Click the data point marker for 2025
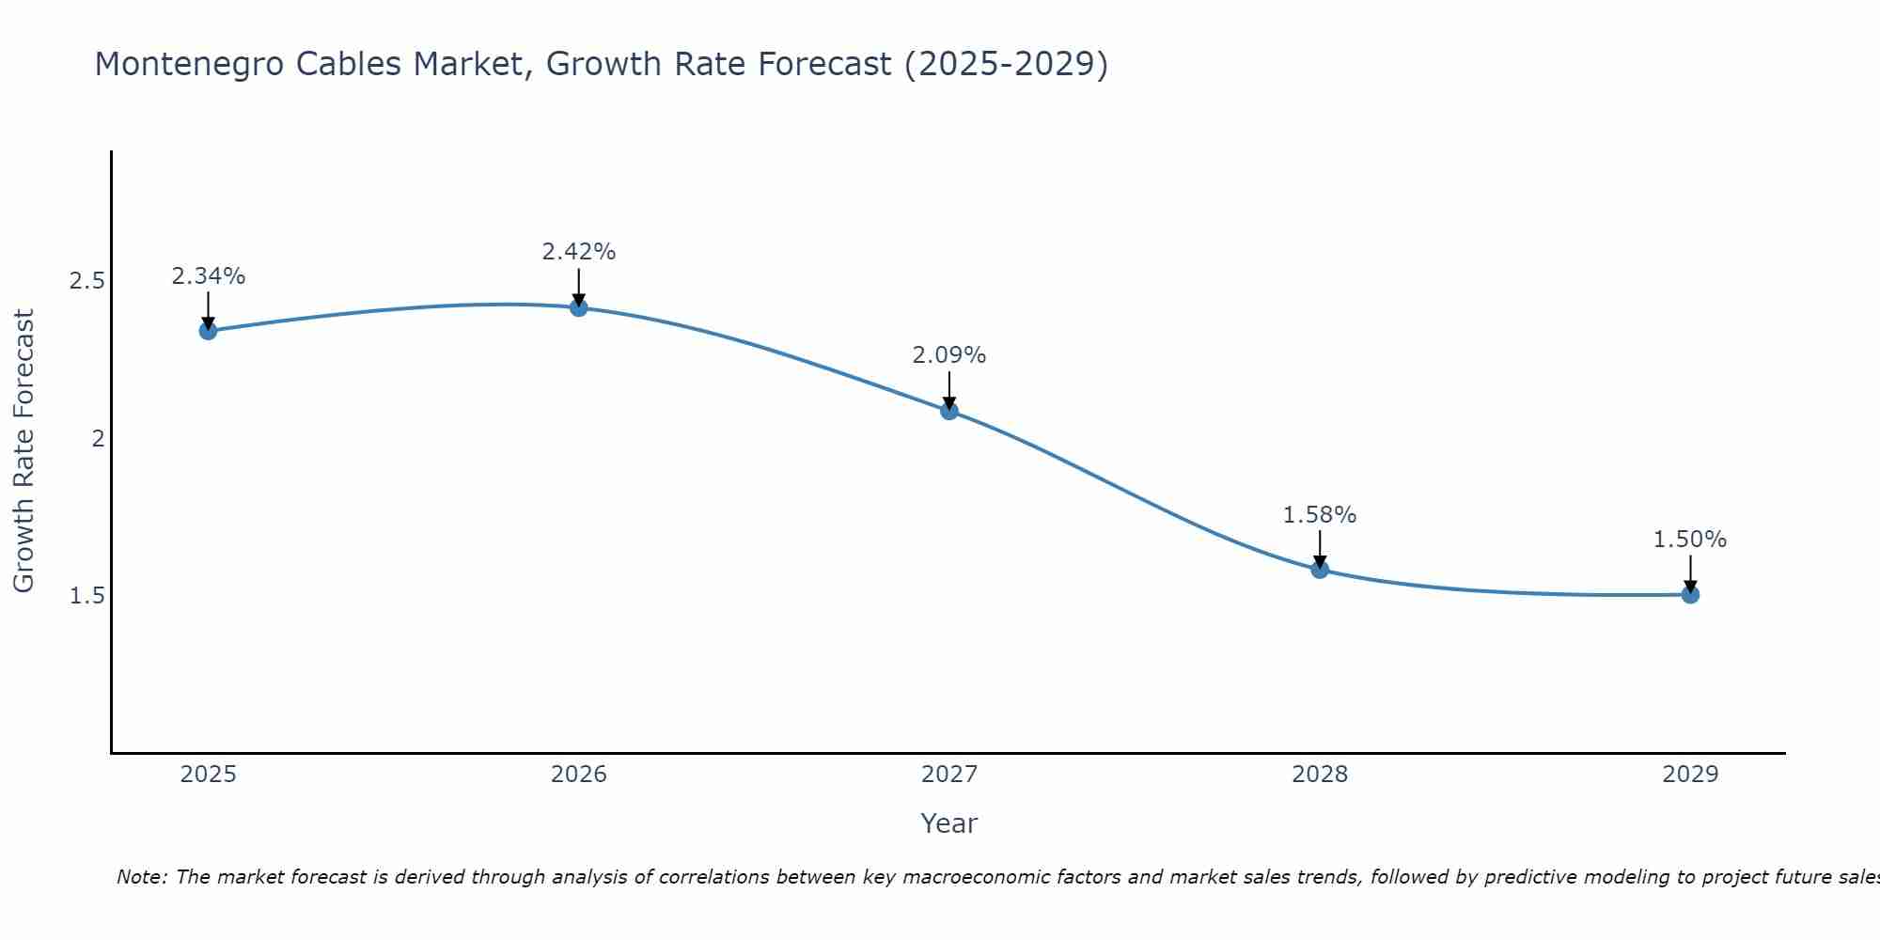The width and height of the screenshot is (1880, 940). click(x=208, y=331)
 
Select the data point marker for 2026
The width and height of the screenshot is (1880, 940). click(x=578, y=307)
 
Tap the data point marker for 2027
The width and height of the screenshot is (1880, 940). click(x=948, y=411)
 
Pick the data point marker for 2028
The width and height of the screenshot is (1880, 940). click(x=1319, y=570)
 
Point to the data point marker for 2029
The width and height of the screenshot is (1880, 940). click(x=1689, y=594)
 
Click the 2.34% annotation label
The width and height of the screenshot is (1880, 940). click(x=208, y=276)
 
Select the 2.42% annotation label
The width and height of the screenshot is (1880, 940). click(x=578, y=252)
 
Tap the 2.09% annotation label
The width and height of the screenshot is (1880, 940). click(x=948, y=355)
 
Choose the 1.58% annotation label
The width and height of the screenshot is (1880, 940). click(x=1319, y=515)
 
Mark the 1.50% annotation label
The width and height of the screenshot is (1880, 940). click(x=1689, y=540)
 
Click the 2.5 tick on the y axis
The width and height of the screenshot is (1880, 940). click(x=87, y=281)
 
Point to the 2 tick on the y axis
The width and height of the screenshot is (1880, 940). click(x=98, y=438)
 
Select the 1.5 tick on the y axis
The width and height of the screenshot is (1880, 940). click(x=87, y=596)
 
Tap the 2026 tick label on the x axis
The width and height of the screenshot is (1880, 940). click(x=578, y=775)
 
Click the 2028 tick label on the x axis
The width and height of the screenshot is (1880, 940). click(x=1319, y=775)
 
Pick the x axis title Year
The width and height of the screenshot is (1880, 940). click(x=948, y=823)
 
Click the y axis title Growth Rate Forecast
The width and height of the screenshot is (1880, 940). click(x=23, y=451)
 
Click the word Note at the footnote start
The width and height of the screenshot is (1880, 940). click(x=142, y=877)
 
